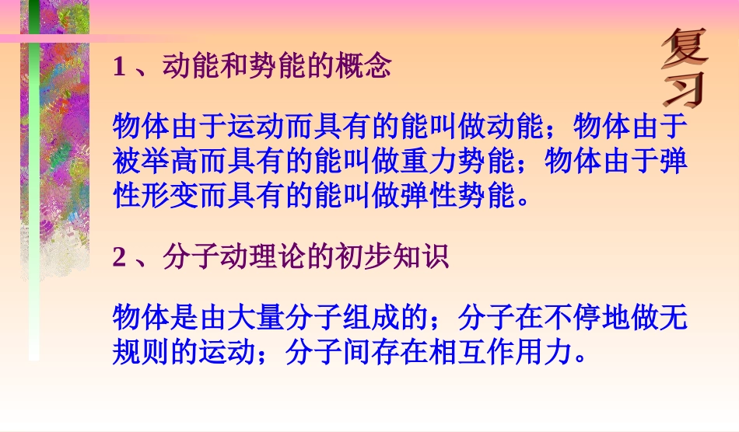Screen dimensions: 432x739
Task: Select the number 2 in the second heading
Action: click(x=119, y=257)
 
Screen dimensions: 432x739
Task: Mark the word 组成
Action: click(x=359, y=318)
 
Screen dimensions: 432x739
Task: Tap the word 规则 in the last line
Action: click(x=142, y=353)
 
